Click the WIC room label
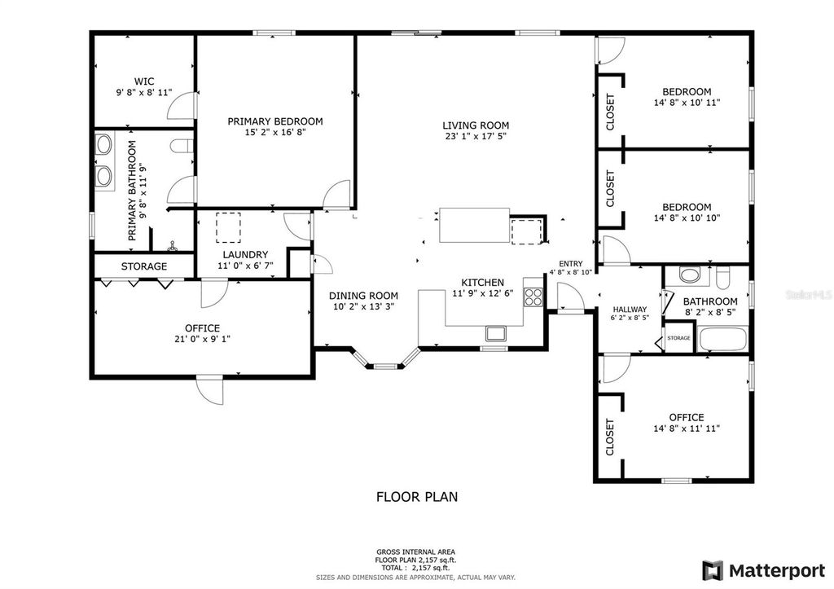pyautogui.click(x=144, y=81)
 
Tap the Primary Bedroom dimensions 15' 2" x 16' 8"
pyautogui.click(x=275, y=133)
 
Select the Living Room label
pyautogui.click(x=476, y=125)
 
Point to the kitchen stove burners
pyautogui.click(x=533, y=297)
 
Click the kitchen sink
pyautogui.click(x=496, y=333)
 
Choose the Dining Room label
pyautogui.click(x=363, y=296)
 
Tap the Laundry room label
pyautogui.click(x=245, y=255)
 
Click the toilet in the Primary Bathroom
pyautogui.click(x=181, y=145)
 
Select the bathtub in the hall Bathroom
pyautogui.click(x=723, y=340)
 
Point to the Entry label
pyautogui.click(x=571, y=264)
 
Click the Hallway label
pyautogui.click(x=630, y=309)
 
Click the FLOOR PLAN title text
pyautogui.click(x=417, y=497)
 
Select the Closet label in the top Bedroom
pyautogui.click(x=610, y=112)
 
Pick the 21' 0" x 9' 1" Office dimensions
pyautogui.click(x=202, y=339)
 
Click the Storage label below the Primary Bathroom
pyautogui.click(x=144, y=266)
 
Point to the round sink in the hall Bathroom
pyautogui.click(x=691, y=275)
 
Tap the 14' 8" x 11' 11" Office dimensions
pyautogui.click(x=687, y=429)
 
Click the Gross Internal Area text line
pyautogui.click(x=416, y=552)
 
